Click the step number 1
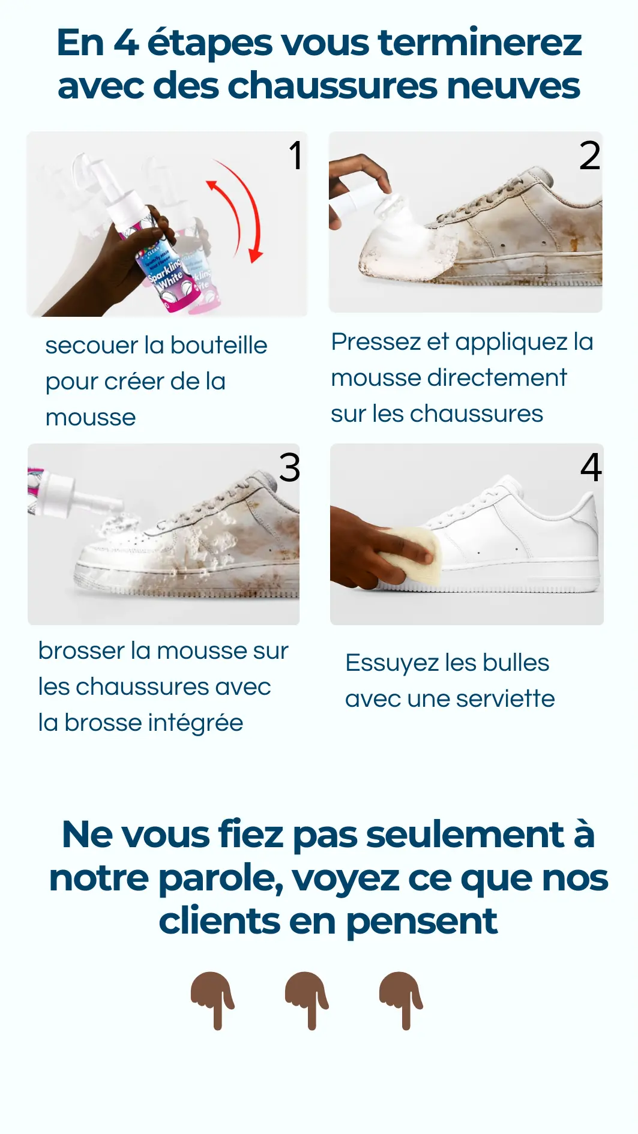(296, 155)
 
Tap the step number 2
(589, 155)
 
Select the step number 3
(289, 467)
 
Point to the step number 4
(591, 467)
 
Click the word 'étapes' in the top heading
(209, 43)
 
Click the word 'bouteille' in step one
(219, 345)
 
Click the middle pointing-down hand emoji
(307, 1000)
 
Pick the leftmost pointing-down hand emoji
(212, 1000)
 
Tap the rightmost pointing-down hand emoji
(401, 1000)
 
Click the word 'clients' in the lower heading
(219, 921)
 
